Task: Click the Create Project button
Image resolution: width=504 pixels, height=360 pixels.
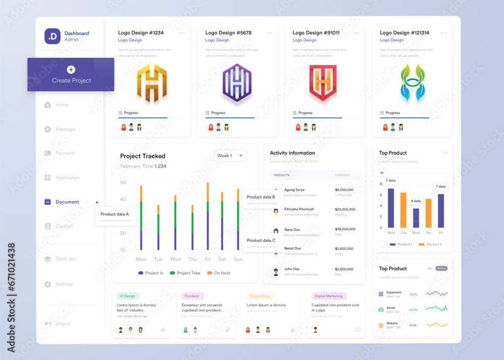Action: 71,75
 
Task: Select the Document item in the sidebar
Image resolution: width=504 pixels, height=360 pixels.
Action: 67,202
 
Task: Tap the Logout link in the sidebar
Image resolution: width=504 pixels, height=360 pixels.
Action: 63,323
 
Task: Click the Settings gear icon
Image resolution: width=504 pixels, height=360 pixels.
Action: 47,284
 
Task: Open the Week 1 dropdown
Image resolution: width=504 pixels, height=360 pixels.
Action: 230,156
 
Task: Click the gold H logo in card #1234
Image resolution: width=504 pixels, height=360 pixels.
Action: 152,83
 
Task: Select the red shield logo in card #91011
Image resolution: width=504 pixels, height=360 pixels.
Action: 323,83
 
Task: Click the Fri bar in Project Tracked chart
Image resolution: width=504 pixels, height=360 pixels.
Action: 208,217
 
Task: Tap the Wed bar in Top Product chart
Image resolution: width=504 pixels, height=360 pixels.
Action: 416,218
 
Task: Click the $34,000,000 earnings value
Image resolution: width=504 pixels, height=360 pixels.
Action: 345,229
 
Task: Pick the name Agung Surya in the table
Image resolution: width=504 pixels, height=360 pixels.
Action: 294,190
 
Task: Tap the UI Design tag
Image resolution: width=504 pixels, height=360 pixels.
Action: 128,296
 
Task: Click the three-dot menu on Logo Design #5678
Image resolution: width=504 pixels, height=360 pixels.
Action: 269,33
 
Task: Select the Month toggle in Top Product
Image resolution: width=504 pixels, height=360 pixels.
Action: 442,268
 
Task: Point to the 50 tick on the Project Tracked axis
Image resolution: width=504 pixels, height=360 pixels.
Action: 123,183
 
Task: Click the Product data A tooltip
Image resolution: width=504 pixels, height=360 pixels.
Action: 115,216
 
